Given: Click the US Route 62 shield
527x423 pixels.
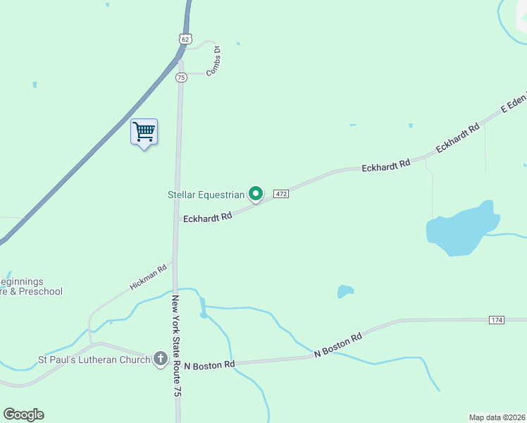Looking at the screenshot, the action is click(185, 39).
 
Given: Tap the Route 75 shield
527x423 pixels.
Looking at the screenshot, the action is click(181, 77).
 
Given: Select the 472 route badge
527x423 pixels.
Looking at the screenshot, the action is click(281, 194).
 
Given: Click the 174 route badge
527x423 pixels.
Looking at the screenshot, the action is click(497, 321).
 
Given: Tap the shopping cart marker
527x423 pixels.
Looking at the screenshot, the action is click(144, 132).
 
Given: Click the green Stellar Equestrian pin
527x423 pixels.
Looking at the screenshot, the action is click(256, 193).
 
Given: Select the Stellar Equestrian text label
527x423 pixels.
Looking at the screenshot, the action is click(206, 195).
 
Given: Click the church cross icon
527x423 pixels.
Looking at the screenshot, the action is click(161, 360).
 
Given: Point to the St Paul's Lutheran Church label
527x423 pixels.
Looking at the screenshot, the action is click(94, 360).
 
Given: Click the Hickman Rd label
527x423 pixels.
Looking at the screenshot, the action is click(148, 277).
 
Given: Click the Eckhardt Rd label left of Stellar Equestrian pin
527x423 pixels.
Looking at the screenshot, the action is click(208, 218).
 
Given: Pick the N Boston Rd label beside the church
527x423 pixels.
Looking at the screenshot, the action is click(209, 365).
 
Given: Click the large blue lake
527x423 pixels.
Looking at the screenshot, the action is click(458, 231).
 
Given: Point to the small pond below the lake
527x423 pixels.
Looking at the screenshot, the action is click(345, 291).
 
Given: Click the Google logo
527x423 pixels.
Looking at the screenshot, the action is click(23, 415).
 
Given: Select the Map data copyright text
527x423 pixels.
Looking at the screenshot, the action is click(497, 417).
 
